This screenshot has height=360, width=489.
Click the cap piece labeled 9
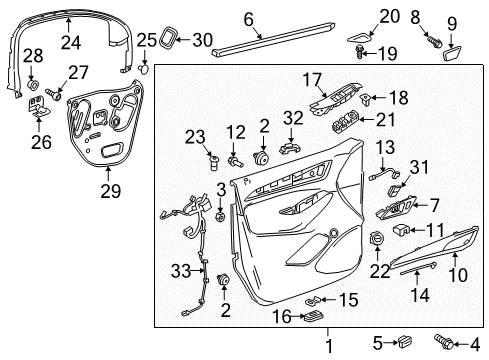[450, 48]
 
